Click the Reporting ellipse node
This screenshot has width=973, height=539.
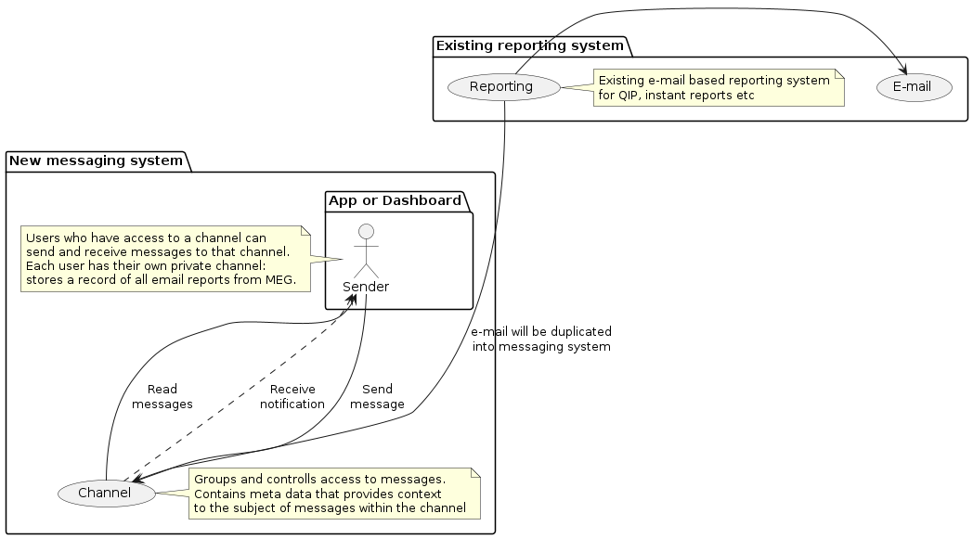[502, 87]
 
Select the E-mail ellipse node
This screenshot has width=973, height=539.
[915, 87]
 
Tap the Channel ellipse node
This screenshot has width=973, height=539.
[104, 493]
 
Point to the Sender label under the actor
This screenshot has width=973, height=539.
[366, 287]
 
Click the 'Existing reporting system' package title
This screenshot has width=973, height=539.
[530, 45]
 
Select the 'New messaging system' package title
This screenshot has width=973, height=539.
[97, 160]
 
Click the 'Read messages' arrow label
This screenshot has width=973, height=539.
[162, 396]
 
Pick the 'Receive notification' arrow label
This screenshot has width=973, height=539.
[292, 396]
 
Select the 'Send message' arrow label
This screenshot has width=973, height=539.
[377, 396]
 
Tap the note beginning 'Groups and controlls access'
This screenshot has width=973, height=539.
[334, 493]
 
